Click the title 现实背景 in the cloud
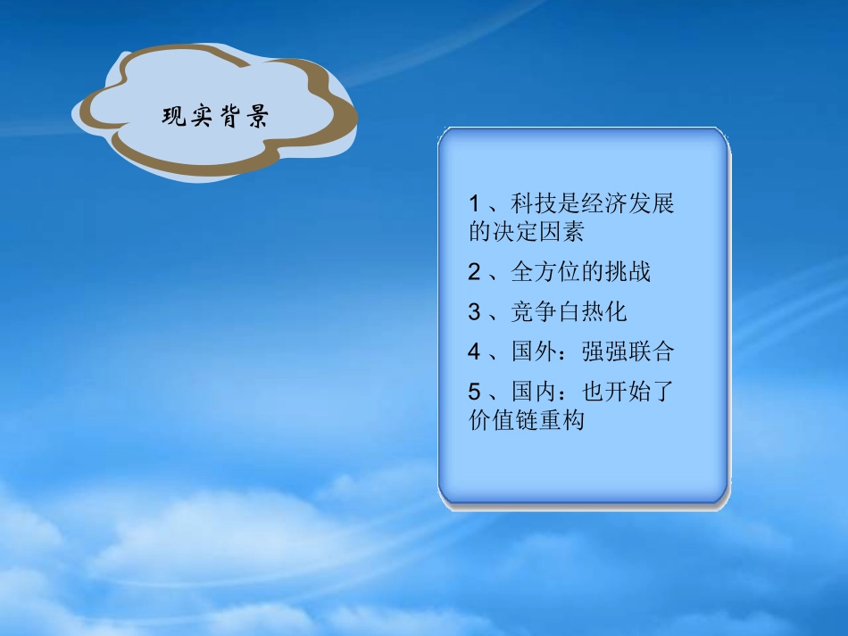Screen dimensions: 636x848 215,118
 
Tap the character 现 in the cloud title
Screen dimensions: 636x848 174,118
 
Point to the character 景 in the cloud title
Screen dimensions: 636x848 257,118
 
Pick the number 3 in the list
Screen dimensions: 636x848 474,312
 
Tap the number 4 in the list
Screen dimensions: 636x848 474,351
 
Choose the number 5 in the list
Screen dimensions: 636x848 474,392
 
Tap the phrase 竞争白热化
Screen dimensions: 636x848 569,312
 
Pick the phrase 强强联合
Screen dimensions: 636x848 628,351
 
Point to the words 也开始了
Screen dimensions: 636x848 628,392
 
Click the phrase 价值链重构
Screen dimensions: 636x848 527,419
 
